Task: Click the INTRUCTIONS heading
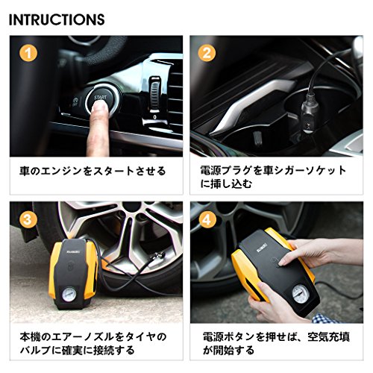pyautogui.click(x=57, y=19)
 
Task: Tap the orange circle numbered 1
pyautogui.click(x=28, y=53)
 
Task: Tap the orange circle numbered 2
pyautogui.click(x=207, y=53)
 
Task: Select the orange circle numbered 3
pyautogui.click(x=28, y=219)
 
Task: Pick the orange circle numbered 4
pyautogui.click(x=207, y=219)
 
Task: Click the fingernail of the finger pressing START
pyautogui.click(x=100, y=107)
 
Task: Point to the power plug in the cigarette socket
pyautogui.click(x=310, y=117)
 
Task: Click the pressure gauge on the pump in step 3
pyautogui.click(x=69, y=294)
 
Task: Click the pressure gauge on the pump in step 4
pyautogui.click(x=300, y=295)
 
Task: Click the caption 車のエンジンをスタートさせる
pyautogui.click(x=93, y=172)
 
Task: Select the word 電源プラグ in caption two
pyautogui.click(x=225, y=171)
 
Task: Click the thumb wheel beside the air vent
pyautogui.click(x=154, y=93)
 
